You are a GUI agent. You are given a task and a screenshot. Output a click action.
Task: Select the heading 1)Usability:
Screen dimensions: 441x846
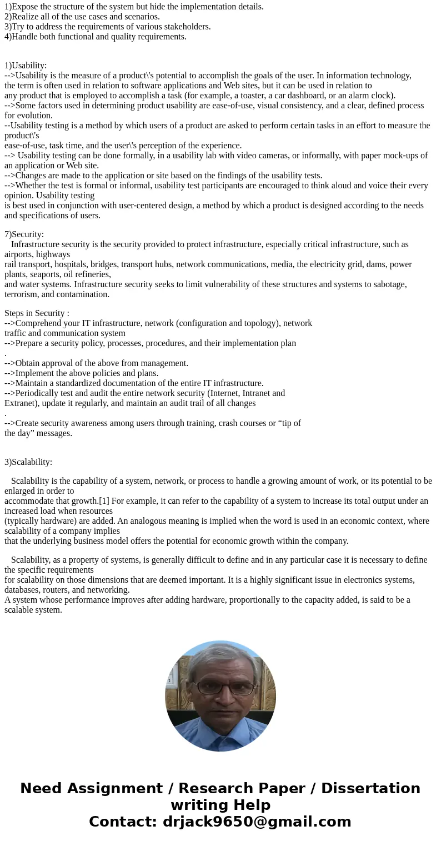click(26, 65)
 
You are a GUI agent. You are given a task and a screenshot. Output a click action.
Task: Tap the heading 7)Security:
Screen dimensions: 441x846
click(24, 234)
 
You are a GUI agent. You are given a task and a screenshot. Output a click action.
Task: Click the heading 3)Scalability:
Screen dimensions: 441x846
click(28, 462)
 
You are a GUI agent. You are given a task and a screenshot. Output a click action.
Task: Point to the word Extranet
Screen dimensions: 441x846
click(21, 403)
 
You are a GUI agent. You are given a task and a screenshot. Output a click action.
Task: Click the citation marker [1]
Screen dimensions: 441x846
click(104, 500)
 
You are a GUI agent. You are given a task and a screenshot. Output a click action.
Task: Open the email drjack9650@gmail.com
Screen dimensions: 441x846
click(257, 822)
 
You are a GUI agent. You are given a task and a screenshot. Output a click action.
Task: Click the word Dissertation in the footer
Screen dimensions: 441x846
click(370, 788)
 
